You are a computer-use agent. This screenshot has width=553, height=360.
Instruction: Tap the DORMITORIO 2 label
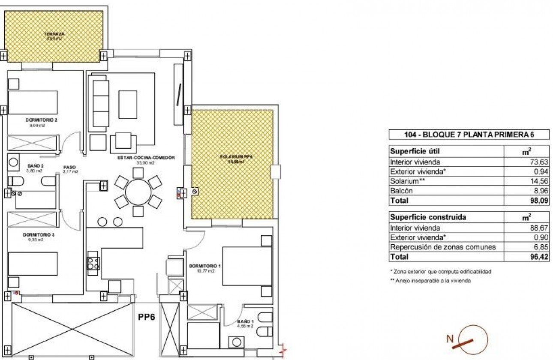(x=41, y=120)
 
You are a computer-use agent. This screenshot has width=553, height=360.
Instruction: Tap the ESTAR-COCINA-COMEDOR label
(x=146, y=158)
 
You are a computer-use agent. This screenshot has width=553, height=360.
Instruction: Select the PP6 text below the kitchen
(x=146, y=318)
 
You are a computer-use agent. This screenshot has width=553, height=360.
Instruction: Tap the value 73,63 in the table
(x=539, y=162)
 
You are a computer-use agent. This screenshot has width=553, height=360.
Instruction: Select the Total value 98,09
(x=539, y=201)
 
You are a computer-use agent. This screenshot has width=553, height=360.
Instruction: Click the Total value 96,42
(x=539, y=257)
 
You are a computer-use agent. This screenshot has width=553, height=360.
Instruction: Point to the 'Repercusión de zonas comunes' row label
(x=443, y=247)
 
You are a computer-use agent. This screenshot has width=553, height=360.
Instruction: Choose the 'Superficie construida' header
(x=422, y=217)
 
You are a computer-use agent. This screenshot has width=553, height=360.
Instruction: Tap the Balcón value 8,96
(x=541, y=191)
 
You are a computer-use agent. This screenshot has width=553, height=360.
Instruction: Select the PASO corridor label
(x=69, y=168)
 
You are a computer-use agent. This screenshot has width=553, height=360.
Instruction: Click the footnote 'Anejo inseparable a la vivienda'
(x=430, y=281)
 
